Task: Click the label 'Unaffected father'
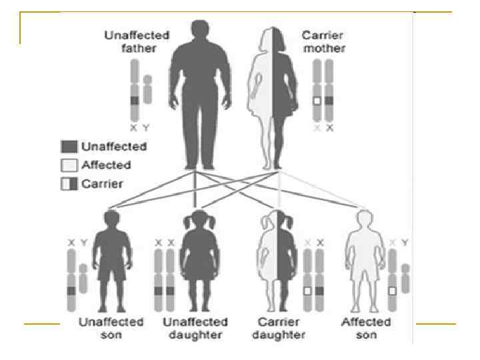click(137, 42)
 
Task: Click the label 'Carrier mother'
click(324, 42)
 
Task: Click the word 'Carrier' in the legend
click(102, 184)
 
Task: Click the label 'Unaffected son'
click(111, 328)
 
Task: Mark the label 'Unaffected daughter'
click(195, 328)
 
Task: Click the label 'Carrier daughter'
click(279, 328)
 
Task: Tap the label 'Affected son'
click(366, 328)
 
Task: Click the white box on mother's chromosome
click(317, 101)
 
